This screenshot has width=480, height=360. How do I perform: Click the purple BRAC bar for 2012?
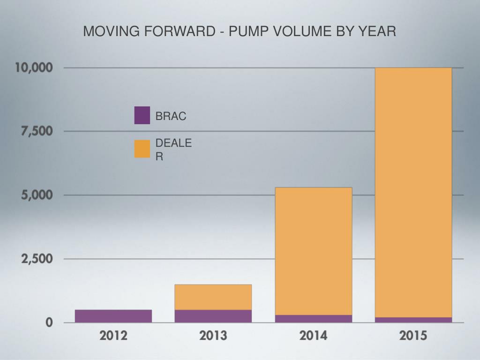point(113,316)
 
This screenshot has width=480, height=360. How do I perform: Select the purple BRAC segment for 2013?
point(213,316)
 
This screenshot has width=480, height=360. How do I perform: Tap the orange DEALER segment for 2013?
point(213,297)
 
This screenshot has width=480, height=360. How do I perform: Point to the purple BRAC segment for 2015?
point(413,320)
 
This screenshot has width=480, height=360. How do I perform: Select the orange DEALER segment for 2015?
point(413,192)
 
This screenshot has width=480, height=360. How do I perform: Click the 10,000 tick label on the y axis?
point(33,67)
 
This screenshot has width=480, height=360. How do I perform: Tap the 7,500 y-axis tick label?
point(37,131)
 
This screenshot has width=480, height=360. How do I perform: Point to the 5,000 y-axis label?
point(37,195)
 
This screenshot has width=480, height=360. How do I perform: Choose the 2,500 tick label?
point(37,259)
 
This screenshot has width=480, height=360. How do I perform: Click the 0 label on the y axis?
point(49,323)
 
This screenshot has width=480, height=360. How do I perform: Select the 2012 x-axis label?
point(113,336)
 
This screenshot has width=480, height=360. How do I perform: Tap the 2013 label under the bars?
point(213,336)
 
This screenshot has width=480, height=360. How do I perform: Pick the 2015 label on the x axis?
point(413,336)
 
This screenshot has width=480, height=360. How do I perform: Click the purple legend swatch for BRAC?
point(142,115)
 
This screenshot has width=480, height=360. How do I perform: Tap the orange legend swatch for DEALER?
point(142,149)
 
